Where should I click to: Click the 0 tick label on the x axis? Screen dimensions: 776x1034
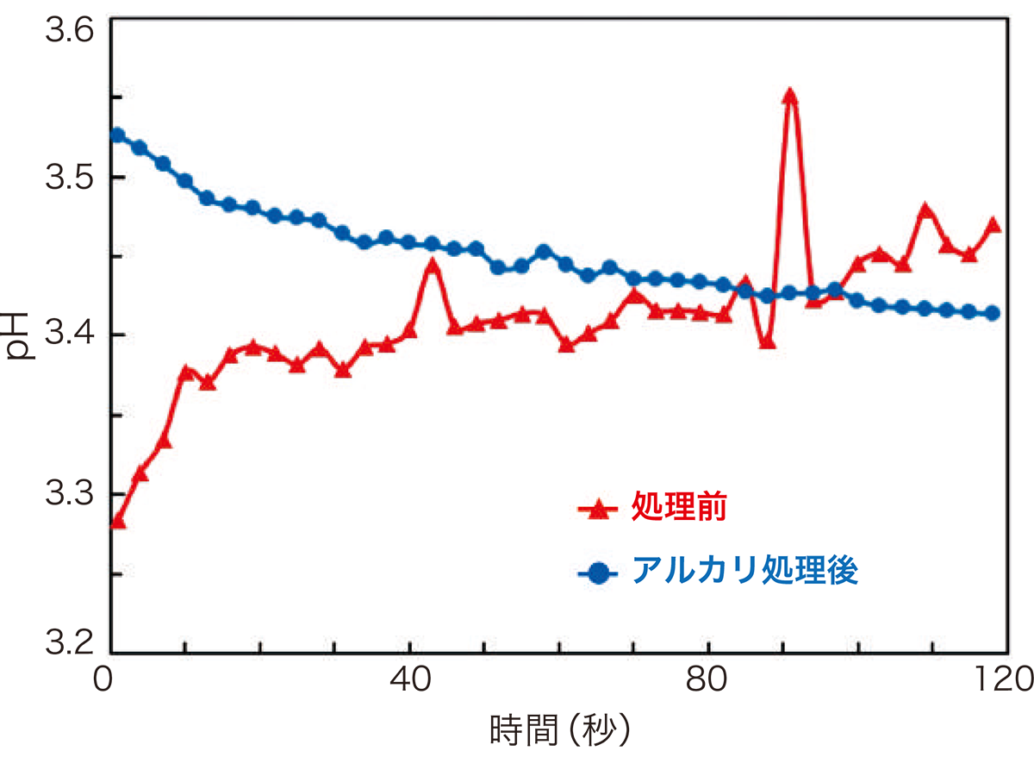pos(105,677)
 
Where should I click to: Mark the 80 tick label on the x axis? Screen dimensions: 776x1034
pos(708,677)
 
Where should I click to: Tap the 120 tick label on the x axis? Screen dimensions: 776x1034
pos(1000,677)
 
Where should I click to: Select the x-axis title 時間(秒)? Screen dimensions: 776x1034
pos(561,731)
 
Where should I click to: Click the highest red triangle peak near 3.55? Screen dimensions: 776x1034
pos(790,96)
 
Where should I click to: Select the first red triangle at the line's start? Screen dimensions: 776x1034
pos(118,522)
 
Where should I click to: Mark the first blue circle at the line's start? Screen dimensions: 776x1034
pos(117,135)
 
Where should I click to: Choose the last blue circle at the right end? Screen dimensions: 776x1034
pos(992,313)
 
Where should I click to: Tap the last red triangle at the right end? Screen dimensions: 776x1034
pos(992,225)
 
